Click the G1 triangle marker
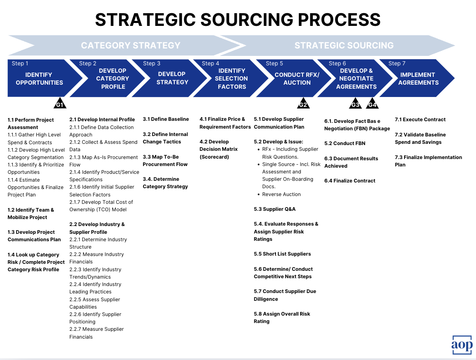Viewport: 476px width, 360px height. pyautogui.click(x=60, y=104)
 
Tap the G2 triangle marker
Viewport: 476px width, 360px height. pyautogui.click(x=303, y=104)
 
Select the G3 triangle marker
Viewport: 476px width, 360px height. pyautogui.click(x=356, y=104)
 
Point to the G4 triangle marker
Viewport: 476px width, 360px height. pyautogui.click(x=372, y=104)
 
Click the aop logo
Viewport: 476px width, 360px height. pyautogui.click(x=462, y=344)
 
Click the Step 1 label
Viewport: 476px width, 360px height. pyautogui.click(x=20, y=63)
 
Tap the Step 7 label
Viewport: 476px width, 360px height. pyautogui.click(x=397, y=63)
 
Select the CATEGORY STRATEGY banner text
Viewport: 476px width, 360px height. pyautogui.click(x=130, y=45)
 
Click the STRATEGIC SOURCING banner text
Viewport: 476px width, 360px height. pyautogui.click(x=344, y=45)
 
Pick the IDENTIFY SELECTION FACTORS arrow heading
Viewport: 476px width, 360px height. pyautogui.click(x=231, y=78)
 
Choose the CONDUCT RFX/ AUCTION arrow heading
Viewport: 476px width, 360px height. pyautogui.click(x=297, y=78)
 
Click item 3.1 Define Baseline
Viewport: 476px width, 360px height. pyautogui.click(x=166, y=119)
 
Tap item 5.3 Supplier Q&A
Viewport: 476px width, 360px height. pyautogui.click(x=275, y=209)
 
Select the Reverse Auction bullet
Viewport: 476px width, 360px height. pyautogui.click(x=281, y=194)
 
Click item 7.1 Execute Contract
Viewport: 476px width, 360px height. pyautogui.click(x=420, y=120)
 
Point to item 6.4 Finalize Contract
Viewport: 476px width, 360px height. pyautogui.click(x=350, y=181)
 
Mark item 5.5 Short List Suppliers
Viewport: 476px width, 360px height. pyautogui.click(x=282, y=254)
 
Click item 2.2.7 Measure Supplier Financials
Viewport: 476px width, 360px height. pyautogui.click(x=96, y=333)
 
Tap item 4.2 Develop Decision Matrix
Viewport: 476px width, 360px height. pyautogui.click(x=218, y=149)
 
